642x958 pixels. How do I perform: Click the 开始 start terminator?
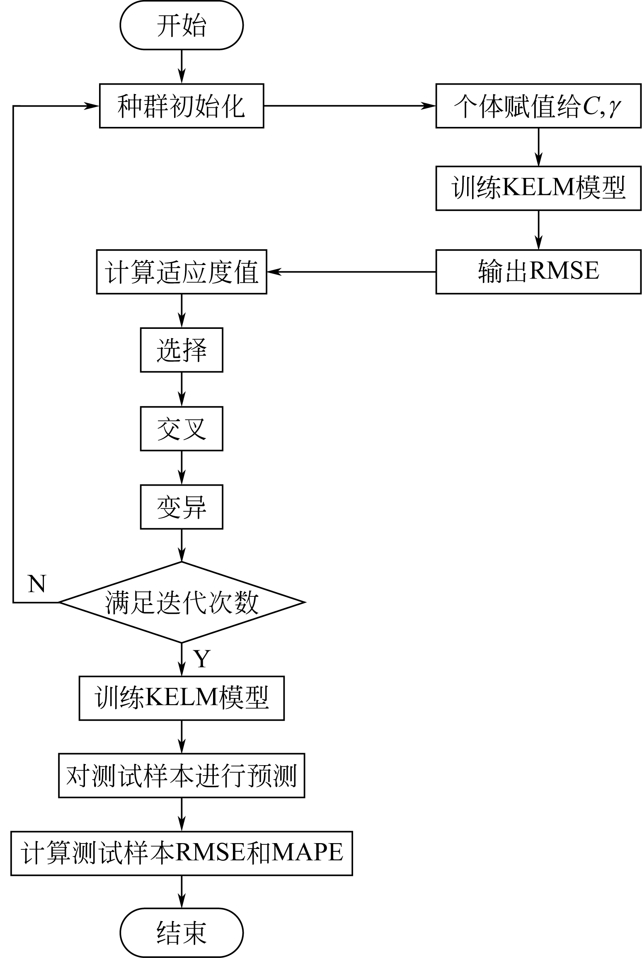[x=182, y=25]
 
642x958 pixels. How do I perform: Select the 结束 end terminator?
[x=182, y=932]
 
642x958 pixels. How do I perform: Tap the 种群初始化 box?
[x=182, y=106]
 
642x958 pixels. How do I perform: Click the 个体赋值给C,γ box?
[x=538, y=106]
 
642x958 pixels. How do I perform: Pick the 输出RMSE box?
[x=538, y=272]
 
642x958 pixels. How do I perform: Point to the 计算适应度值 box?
[x=182, y=272]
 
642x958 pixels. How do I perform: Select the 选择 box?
[x=182, y=350]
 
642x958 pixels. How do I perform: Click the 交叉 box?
[x=182, y=428]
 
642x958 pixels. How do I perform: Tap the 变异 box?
[x=182, y=507]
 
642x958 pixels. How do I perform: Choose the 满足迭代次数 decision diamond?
[x=182, y=602]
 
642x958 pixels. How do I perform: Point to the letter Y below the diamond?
[x=202, y=659]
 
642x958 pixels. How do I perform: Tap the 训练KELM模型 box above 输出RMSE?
[x=538, y=188]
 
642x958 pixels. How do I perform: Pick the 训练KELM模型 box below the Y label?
[x=182, y=698]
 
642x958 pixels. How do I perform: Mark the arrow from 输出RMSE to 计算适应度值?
[x=351, y=272]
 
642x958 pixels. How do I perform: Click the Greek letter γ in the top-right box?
[x=615, y=108]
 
